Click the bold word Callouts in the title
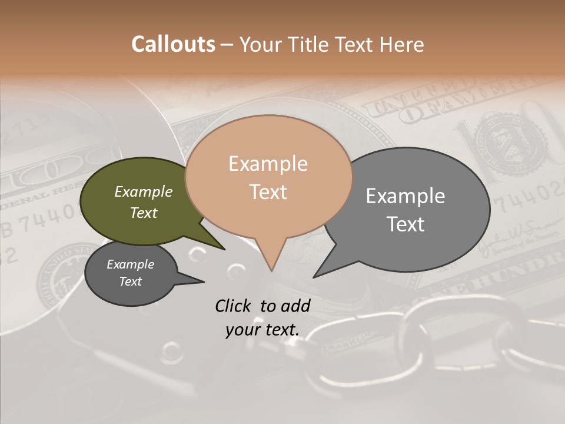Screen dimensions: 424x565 [x=173, y=45]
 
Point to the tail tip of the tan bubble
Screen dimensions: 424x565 [x=271, y=270]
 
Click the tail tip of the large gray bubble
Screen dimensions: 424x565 [x=314, y=277]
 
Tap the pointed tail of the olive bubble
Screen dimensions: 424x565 [x=224, y=249]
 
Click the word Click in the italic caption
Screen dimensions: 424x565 [x=234, y=306]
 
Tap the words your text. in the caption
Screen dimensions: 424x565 [x=262, y=330]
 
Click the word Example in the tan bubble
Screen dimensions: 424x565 [x=268, y=164]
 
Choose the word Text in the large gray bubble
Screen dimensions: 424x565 [x=406, y=224]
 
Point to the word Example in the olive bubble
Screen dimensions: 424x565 [x=143, y=192]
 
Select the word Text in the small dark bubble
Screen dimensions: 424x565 [x=131, y=281]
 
